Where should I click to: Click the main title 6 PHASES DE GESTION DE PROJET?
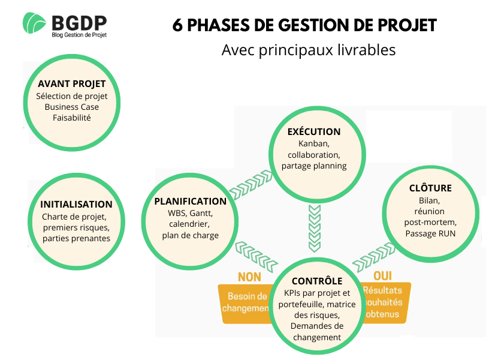tap(304, 26)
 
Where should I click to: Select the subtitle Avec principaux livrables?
tap(309, 50)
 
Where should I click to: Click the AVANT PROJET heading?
tap(71, 84)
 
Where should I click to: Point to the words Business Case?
tap(71, 107)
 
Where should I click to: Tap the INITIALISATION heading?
tap(76, 204)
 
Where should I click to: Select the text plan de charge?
tap(190, 235)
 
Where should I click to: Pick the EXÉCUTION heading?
tap(314, 131)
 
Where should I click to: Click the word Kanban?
tap(314, 144)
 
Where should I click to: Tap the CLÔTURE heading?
tap(430, 188)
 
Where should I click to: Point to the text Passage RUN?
tap(430, 233)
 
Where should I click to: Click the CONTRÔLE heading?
tap(317, 281)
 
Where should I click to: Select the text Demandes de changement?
tap(316, 331)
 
